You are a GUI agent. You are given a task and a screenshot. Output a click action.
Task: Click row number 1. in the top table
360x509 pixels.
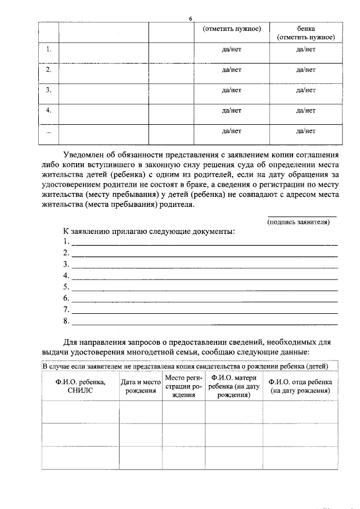click(49, 49)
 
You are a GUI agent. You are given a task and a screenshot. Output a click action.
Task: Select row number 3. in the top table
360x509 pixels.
click(49, 90)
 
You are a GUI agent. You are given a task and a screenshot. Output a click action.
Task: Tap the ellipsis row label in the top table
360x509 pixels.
click(48, 131)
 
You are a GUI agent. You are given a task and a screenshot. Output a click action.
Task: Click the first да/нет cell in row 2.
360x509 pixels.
click(232, 70)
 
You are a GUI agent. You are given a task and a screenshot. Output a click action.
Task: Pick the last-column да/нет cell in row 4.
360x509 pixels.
click(305, 111)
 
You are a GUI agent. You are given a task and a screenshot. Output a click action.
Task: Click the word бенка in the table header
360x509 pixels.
click(305, 28)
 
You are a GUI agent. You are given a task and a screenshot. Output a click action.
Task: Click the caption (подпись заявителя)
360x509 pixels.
click(298, 222)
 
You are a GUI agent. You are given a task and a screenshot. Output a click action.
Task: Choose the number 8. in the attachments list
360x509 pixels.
click(66, 321)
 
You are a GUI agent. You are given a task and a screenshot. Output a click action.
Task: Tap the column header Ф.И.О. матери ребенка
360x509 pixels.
click(233, 386)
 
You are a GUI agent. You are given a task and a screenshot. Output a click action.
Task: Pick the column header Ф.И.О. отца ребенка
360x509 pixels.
click(300, 386)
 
